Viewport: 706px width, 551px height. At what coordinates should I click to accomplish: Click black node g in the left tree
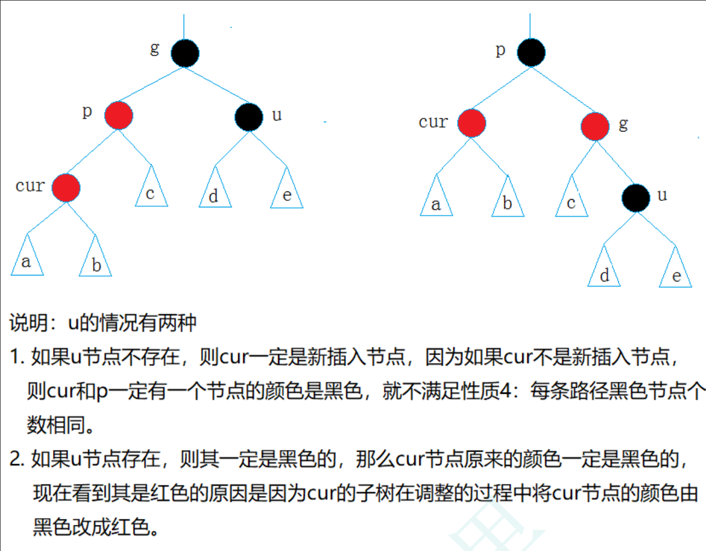coord(185,53)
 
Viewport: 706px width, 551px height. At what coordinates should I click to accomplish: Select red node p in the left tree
coord(119,115)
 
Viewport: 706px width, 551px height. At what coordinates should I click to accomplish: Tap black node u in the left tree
coord(249,117)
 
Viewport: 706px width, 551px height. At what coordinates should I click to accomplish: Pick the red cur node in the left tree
coord(66,188)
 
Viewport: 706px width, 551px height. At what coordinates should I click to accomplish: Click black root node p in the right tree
coord(531,52)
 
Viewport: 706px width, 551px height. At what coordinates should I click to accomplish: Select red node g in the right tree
coord(595,127)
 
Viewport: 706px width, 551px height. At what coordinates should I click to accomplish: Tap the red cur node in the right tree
coord(472,123)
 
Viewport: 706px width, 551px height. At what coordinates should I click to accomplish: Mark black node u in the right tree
coord(636,197)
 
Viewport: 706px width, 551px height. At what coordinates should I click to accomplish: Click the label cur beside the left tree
coord(30,186)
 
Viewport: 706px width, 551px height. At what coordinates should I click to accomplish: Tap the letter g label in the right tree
coord(623,124)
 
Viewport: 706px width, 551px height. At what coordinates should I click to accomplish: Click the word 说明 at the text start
coord(29,323)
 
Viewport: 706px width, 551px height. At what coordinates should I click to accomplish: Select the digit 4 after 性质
coord(505,391)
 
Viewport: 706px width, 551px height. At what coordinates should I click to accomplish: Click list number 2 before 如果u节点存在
coord(16,459)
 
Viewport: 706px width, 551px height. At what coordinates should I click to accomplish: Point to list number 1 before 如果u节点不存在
coord(16,357)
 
